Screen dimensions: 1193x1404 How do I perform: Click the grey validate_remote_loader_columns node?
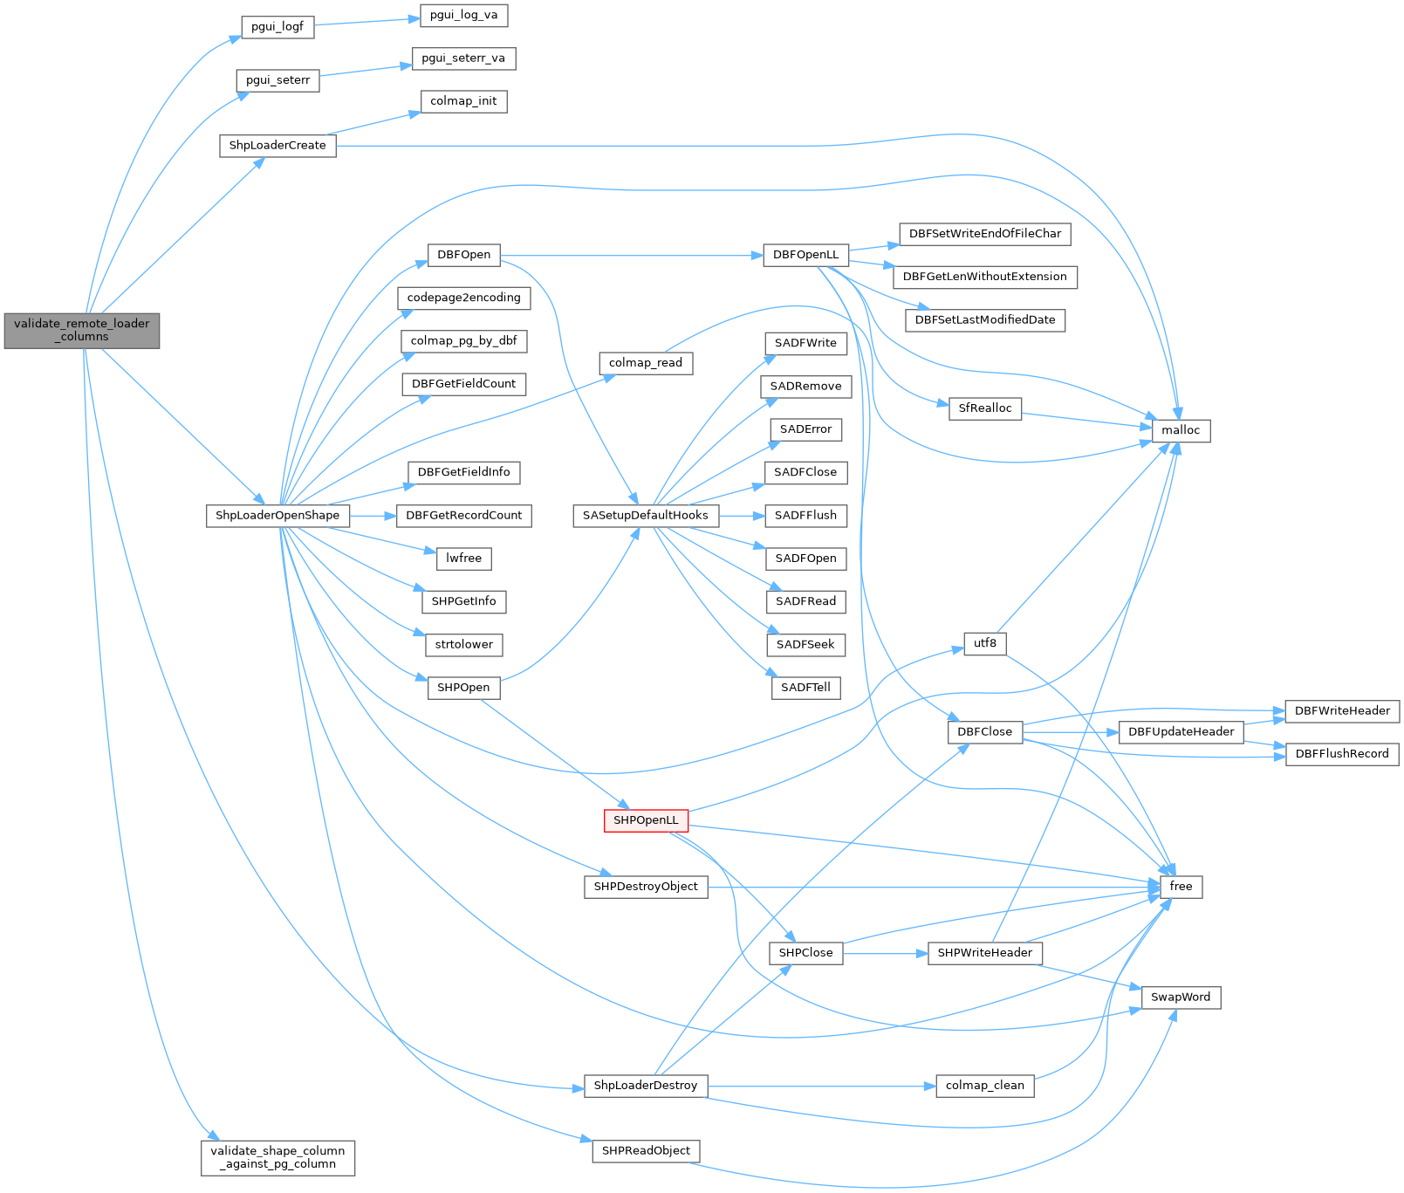[x=82, y=330]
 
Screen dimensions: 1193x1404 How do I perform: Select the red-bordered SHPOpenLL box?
[x=646, y=820]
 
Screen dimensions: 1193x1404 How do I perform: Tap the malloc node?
[x=1181, y=430]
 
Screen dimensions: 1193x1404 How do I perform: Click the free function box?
[x=1181, y=887]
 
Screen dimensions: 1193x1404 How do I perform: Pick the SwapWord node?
[x=1181, y=998]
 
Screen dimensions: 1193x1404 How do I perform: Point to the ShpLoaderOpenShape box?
[x=277, y=516]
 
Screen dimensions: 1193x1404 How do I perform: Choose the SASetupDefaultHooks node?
[x=646, y=516]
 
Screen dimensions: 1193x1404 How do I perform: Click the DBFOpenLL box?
[x=805, y=255]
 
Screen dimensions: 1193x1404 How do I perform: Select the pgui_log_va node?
[x=463, y=15]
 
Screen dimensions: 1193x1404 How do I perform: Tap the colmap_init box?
[x=463, y=101]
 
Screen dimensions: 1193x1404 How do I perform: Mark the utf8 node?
[x=984, y=643]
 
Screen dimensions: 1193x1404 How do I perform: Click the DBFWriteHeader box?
[x=1342, y=711]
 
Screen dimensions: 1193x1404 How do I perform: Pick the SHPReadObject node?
[x=646, y=1151]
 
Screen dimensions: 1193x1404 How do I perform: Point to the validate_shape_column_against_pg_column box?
[x=277, y=1157]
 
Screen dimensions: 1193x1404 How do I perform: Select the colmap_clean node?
[x=984, y=1086]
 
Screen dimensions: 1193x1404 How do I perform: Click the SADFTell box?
[x=805, y=688]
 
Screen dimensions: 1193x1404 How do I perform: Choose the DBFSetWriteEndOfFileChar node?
[x=984, y=234]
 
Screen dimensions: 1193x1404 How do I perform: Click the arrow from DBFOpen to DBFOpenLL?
[x=628, y=256]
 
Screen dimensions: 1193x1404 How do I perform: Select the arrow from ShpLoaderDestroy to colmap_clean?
[x=820, y=1087]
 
